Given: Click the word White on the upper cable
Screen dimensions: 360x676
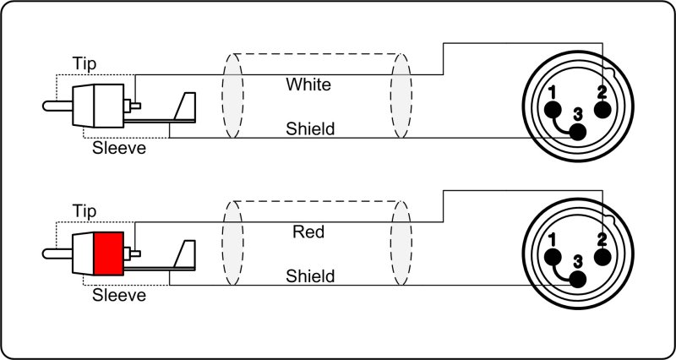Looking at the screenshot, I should [308, 85].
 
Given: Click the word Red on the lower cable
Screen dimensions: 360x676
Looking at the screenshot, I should [308, 231].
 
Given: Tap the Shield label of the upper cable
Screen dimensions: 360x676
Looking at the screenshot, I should [310, 129].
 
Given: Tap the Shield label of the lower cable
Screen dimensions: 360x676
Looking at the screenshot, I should [310, 275].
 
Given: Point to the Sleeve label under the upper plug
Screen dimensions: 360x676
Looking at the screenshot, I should [118, 150].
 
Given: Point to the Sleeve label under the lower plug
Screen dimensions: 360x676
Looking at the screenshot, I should [118, 296].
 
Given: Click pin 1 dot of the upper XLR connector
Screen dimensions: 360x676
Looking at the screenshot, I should [552, 110].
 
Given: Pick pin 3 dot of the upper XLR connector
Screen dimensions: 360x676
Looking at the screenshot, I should [578, 132].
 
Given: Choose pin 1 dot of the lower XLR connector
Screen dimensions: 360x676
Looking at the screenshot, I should [552, 257].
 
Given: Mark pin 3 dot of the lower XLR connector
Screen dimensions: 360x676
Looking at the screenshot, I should [578, 279].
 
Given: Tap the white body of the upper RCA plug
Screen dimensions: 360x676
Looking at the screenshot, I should [98, 106].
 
